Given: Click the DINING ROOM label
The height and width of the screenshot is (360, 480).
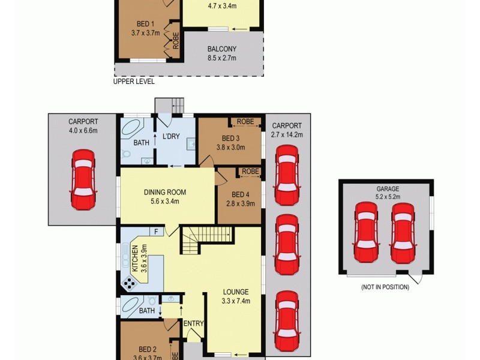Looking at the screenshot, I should click(x=164, y=193).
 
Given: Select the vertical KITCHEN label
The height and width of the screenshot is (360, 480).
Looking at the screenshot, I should click(x=135, y=259).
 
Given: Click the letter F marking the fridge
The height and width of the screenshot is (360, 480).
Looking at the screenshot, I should click(x=156, y=232).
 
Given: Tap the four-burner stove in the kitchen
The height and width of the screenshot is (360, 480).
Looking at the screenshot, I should click(x=129, y=283).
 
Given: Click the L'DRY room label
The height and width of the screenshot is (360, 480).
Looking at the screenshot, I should click(x=172, y=137).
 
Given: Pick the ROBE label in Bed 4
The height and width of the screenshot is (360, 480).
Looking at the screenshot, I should click(x=251, y=172).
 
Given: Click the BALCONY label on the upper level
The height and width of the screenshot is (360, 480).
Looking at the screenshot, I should click(x=221, y=49).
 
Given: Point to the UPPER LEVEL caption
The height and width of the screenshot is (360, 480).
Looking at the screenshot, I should click(x=134, y=82).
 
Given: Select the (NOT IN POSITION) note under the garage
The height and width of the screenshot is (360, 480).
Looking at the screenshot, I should click(x=385, y=287).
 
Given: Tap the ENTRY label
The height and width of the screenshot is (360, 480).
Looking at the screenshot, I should click(x=194, y=323).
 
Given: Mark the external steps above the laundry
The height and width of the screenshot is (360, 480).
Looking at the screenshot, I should click(x=170, y=106).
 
